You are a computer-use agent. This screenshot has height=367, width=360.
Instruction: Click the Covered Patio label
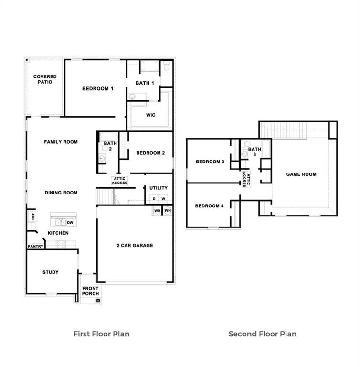click(x=45, y=79)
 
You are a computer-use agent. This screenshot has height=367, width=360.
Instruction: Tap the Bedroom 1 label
click(x=98, y=88)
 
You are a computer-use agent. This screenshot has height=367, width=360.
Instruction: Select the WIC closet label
click(x=151, y=115)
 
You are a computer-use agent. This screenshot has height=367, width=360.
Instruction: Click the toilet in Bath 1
click(x=166, y=66)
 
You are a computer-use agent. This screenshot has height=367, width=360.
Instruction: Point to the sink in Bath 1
click(x=132, y=97)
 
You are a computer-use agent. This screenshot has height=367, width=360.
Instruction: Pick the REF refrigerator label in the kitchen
click(x=33, y=216)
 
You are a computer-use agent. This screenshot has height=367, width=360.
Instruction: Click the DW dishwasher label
click(x=70, y=223)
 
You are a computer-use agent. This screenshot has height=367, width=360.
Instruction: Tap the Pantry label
click(x=35, y=246)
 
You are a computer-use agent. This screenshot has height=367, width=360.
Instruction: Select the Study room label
click(x=51, y=272)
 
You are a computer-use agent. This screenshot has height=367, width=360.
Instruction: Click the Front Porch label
click(x=91, y=291)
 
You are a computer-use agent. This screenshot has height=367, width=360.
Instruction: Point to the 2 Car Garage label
click(x=135, y=245)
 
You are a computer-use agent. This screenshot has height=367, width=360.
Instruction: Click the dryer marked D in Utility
click(x=154, y=199)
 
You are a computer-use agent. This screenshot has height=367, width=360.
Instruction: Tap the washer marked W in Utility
click(x=163, y=199)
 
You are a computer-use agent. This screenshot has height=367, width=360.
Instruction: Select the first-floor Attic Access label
click(x=119, y=181)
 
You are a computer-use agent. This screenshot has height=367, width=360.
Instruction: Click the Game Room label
click(x=301, y=174)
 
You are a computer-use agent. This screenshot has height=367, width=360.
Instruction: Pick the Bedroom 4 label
click(x=209, y=206)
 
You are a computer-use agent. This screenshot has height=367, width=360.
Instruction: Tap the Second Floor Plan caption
click(x=263, y=334)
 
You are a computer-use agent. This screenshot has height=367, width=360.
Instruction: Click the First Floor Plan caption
click(x=102, y=334)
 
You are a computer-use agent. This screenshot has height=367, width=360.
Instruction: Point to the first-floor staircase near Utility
click(x=105, y=196)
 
